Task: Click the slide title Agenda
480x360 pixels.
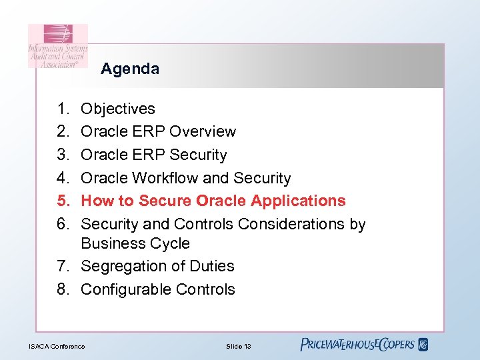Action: (130, 69)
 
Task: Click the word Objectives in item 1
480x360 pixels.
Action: (118, 109)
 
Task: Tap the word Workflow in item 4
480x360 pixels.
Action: (165, 178)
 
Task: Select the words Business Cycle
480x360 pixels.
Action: (135, 243)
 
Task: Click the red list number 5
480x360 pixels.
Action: (62, 201)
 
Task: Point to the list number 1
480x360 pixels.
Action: (62, 109)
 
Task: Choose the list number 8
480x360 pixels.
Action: (62, 289)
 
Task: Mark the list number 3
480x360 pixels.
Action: (62, 155)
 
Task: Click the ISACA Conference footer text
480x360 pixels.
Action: (57, 346)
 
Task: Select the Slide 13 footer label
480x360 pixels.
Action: (238, 346)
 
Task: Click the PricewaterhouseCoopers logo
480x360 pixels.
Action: (364, 345)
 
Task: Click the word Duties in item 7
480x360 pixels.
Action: (211, 266)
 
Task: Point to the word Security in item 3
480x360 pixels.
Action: (198, 155)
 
